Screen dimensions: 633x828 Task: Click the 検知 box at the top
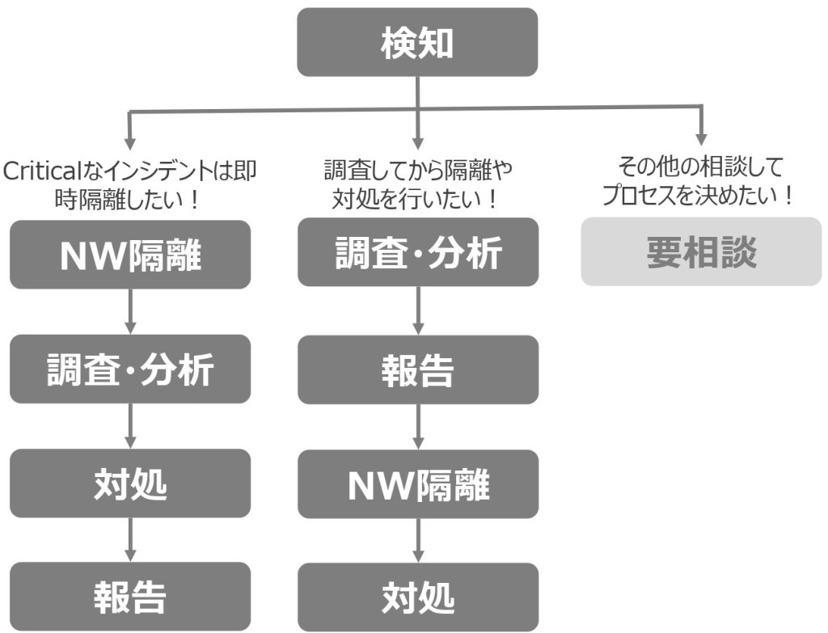(417, 43)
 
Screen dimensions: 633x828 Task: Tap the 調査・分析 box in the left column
(130, 369)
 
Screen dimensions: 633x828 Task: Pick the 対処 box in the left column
(130, 483)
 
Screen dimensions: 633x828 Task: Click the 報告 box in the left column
(130, 597)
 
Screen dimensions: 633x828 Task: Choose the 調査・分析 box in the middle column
(417, 251)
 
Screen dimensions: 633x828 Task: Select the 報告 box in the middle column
(417, 369)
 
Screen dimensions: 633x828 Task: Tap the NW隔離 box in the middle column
(417, 483)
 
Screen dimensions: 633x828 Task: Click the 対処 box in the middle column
(417, 597)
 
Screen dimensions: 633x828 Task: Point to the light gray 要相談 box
(701, 251)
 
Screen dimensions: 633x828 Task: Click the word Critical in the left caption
(37, 171)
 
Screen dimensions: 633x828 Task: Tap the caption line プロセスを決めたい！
(697, 196)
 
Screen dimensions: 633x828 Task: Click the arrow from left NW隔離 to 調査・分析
(130, 311)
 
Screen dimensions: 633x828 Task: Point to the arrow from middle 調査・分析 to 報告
(417, 310)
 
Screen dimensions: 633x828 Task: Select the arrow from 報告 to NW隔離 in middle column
(417, 427)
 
